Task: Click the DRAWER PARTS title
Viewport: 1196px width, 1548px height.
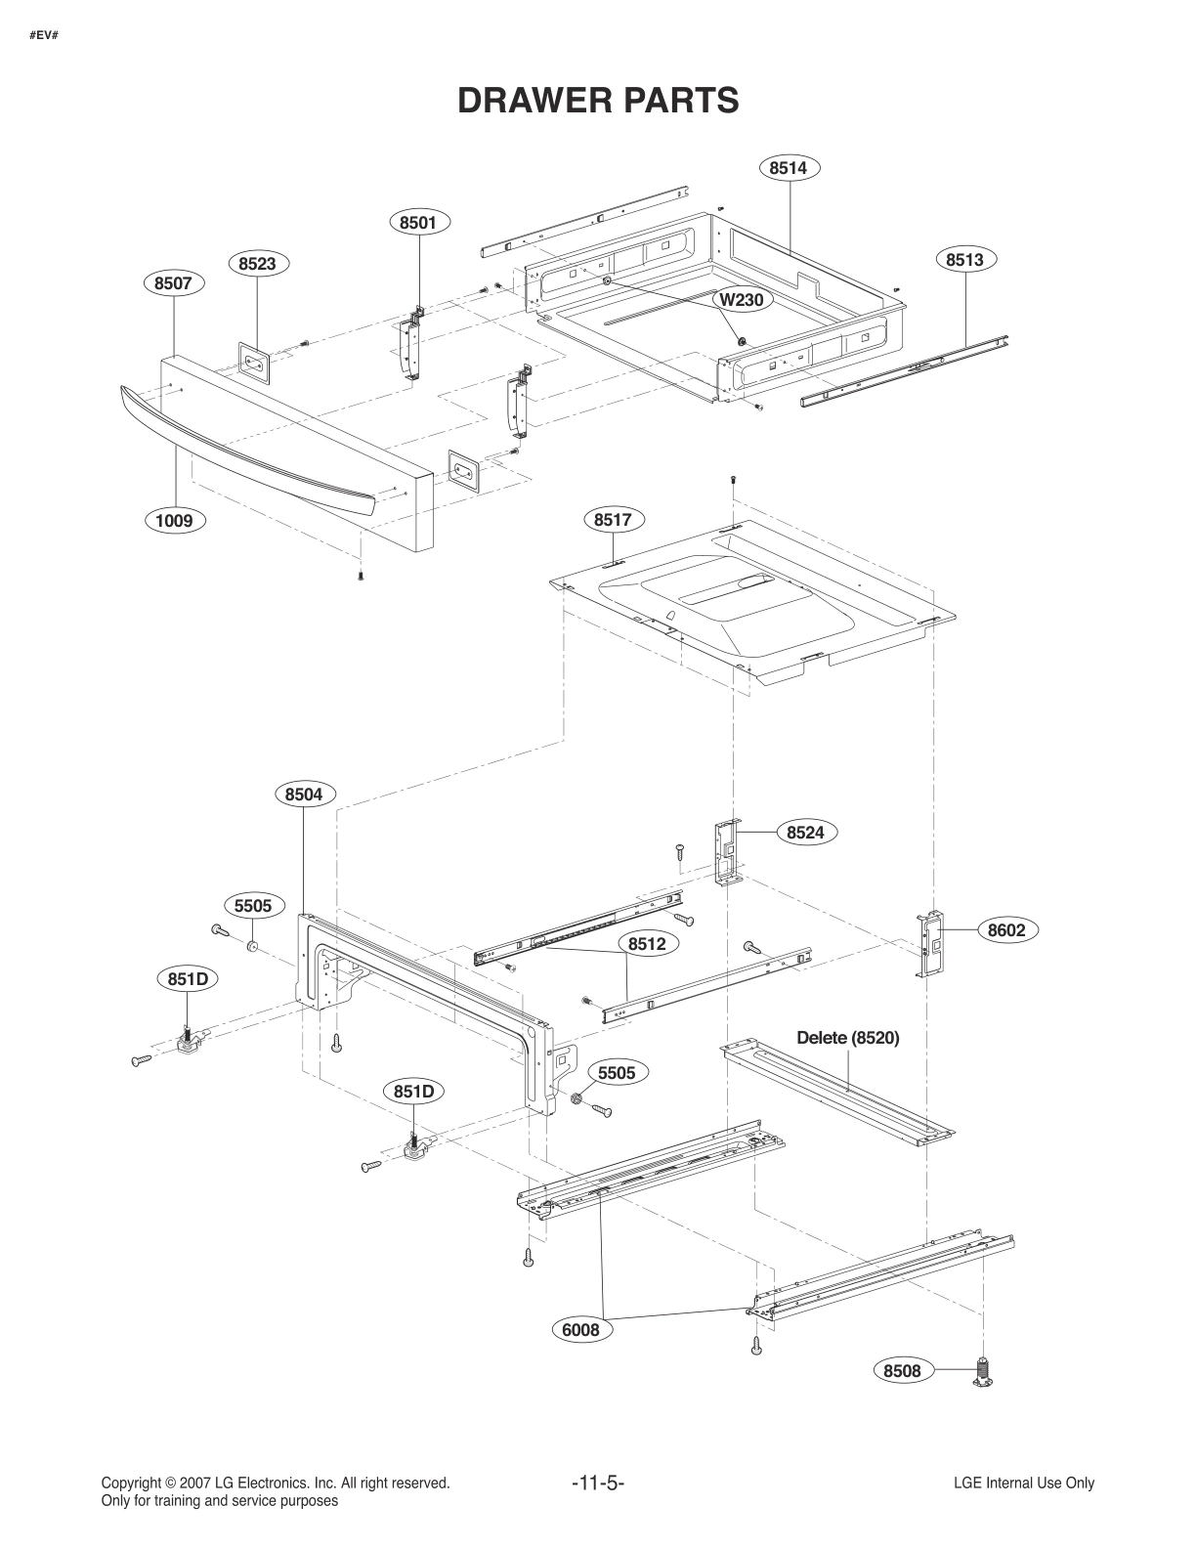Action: click(598, 100)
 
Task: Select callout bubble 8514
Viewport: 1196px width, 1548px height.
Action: click(788, 168)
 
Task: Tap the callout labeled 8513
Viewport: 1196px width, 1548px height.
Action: click(964, 259)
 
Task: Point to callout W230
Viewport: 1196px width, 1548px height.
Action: click(741, 300)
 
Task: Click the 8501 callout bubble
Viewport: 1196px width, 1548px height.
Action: click(418, 223)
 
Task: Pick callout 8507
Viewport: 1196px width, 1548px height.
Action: click(173, 283)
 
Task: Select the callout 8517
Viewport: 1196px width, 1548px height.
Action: click(613, 520)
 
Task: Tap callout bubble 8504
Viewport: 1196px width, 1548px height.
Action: click(304, 795)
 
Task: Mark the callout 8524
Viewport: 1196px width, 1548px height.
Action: click(806, 833)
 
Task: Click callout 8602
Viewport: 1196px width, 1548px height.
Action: click(1006, 930)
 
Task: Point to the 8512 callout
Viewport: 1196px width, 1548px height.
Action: click(647, 944)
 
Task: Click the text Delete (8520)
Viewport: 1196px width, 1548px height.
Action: click(847, 1038)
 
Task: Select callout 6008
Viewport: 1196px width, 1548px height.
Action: click(580, 1329)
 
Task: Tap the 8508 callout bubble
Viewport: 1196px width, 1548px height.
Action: click(902, 1371)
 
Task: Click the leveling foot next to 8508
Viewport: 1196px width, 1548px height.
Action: click(984, 1372)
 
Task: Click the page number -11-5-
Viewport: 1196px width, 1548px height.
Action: click(598, 1483)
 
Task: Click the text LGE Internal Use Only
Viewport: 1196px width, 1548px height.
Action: click(1023, 1483)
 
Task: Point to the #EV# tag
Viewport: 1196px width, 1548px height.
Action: click(44, 36)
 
